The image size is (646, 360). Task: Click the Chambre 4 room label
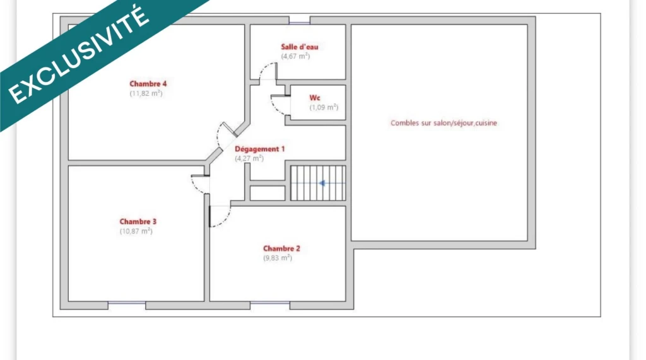pos(148,84)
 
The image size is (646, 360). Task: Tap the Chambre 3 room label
pos(138,221)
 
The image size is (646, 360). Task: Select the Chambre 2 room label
pos(282,248)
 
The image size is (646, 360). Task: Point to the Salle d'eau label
pos(300,47)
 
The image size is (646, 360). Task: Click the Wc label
pos(315,98)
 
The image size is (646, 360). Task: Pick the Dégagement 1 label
pos(259,149)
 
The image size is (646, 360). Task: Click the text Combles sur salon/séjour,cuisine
pos(443,123)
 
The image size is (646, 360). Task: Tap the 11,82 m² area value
pos(146,93)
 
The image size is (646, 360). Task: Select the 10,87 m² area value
pos(136,231)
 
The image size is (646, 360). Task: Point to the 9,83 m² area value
pos(278,258)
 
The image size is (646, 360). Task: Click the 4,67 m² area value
pos(295,56)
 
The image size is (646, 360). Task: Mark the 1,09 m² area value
pos(324,107)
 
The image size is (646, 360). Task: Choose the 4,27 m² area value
pos(249,158)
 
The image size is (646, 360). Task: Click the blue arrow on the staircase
pos(322,183)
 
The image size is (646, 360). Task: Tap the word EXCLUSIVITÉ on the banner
pos(78,55)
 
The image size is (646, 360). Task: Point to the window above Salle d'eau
pos(300,20)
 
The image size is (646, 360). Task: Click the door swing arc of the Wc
pos(275,108)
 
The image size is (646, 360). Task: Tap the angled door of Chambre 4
pos(230,129)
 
